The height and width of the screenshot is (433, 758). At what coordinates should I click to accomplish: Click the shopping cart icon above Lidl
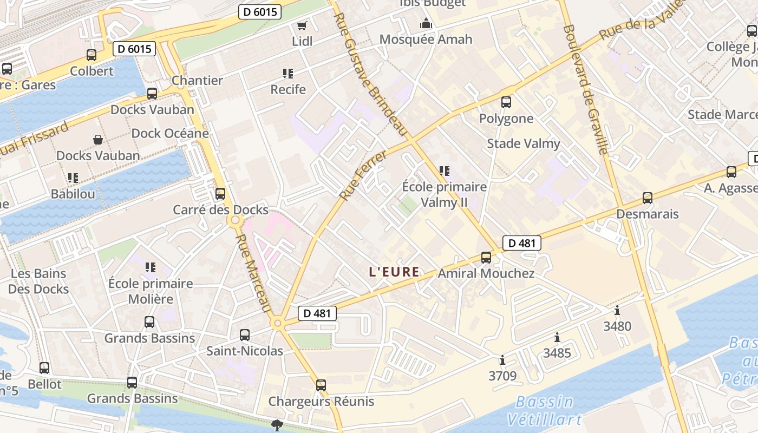(x=302, y=26)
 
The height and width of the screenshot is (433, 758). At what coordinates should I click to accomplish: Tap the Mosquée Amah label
(x=426, y=40)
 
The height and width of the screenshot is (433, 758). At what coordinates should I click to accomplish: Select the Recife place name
(x=288, y=89)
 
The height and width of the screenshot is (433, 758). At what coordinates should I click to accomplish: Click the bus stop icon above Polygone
(x=506, y=102)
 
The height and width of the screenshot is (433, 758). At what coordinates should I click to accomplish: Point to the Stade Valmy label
(x=523, y=143)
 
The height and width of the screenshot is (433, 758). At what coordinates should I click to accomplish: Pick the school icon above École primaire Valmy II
(x=445, y=172)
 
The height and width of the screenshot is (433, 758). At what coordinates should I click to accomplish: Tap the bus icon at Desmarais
(x=647, y=198)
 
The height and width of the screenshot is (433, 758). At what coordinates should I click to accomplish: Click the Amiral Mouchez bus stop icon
(x=486, y=257)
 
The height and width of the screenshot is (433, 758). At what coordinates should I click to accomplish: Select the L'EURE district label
(x=394, y=272)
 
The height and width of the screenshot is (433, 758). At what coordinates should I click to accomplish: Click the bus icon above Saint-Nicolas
(x=245, y=335)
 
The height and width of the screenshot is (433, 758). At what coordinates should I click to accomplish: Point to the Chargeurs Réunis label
(x=321, y=402)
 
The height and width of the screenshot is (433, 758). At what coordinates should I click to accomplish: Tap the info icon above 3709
(x=502, y=360)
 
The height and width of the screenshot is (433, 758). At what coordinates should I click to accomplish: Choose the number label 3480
(x=617, y=326)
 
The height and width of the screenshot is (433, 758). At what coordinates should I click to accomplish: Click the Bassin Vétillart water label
(x=544, y=410)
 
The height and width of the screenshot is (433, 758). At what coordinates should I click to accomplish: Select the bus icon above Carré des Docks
(x=220, y=193)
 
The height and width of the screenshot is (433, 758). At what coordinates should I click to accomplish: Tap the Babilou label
(x=73, y=194)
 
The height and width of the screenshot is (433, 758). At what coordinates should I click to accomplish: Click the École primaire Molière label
(x=151, y=291)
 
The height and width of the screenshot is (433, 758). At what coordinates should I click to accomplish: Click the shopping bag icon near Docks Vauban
(x=98, y=140)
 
